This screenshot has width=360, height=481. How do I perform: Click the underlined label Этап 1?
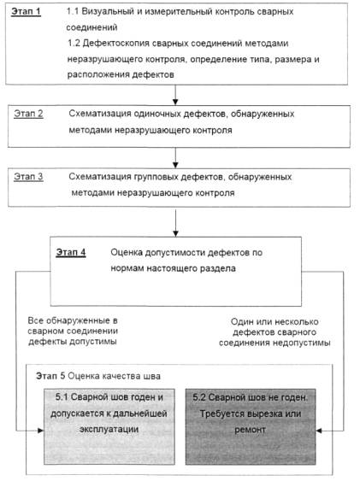(26, 12)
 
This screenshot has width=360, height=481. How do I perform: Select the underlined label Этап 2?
(28, 114)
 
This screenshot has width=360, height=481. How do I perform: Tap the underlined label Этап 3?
(28, 177)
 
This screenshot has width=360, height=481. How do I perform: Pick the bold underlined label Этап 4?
(71, 252)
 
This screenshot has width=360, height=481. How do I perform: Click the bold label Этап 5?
(50, 376)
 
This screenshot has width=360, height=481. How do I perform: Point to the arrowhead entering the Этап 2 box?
(175, 102)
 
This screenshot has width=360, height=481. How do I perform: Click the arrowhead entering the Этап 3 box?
(175, 165)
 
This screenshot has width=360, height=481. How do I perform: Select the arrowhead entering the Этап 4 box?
(175, 233)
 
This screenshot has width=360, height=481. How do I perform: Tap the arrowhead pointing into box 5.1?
(40, 431)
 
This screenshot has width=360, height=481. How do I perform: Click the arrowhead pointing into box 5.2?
(319, 431)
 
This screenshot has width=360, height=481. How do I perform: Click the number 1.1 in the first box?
(73, 11)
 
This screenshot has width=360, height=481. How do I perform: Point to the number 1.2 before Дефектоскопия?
(74, 43)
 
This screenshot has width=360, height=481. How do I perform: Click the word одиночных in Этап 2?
(157, 114)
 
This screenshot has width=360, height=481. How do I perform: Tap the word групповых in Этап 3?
(156, 178)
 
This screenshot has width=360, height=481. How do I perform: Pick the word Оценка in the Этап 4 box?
(127, 253)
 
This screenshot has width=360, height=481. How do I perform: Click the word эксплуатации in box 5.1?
(109, 429)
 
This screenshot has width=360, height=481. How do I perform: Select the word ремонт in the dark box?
(250, 430)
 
